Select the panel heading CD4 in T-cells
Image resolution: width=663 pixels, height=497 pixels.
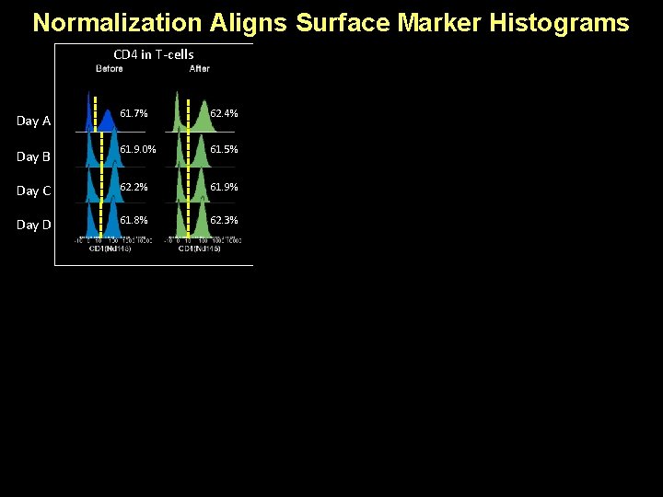tap(153, 54)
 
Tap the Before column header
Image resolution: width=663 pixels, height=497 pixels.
tap(110, 68)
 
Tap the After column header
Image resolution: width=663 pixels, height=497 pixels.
tap(199, 68)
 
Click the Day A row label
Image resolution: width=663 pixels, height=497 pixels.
tap(34, 121)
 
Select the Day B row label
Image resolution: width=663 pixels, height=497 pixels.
tap(34, 156)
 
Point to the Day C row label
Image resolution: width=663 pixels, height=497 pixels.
tap(34, 191)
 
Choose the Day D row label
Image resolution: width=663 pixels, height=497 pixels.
tap(34, 225)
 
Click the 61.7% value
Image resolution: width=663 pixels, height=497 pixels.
tap(134, 113)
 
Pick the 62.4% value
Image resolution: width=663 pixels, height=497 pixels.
tap(224, 113)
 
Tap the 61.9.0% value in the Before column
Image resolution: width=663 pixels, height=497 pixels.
tap(137, 149)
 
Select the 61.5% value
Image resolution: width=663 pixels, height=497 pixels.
tap(224, 149)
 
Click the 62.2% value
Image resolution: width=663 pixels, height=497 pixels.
tap(134, 187)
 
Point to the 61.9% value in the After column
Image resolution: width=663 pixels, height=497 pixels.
tap(224, 187)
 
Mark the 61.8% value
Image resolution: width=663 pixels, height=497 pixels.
tap(134, 221)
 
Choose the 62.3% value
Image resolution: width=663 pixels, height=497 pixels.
tap(224, 221)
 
